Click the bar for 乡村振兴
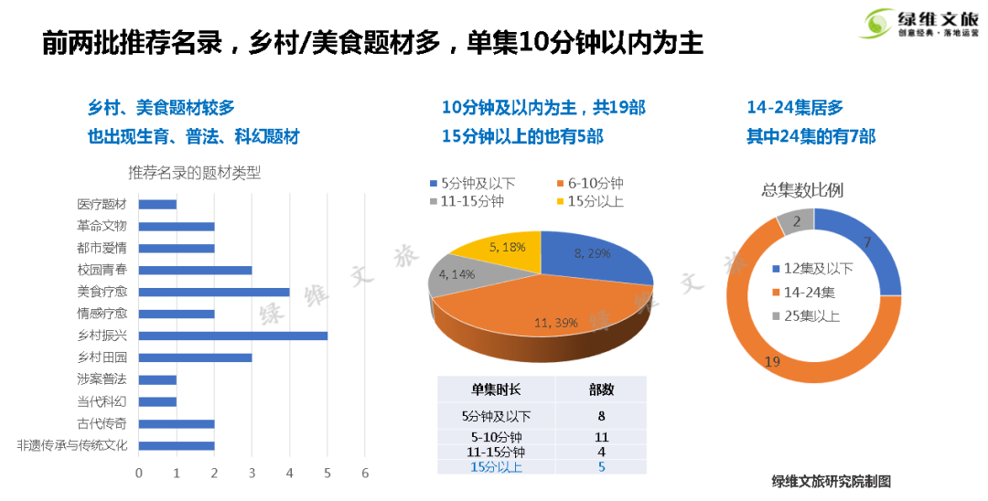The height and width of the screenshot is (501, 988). tap(233, 336)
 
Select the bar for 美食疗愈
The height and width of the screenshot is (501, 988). tap(214, 292)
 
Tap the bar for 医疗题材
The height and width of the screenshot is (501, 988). tap(157, 204)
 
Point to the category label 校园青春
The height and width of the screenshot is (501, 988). tap(102, 270)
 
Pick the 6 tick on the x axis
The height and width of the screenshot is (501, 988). tap(365, 473)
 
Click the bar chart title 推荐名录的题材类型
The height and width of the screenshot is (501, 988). tap(195, 173)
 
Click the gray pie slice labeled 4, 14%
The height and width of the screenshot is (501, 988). tap(457, 276)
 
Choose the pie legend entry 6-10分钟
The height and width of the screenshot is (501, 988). tap(589, 184)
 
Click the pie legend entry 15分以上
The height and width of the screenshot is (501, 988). tap(589, 201)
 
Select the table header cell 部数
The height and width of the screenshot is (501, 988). tap(601, 389)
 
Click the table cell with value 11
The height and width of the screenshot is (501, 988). tap(601, 437)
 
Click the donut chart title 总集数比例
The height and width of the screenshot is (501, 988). tap(802, 190)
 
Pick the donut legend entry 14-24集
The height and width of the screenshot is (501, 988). tap(801, 293)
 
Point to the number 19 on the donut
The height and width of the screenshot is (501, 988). tap(771, 362)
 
